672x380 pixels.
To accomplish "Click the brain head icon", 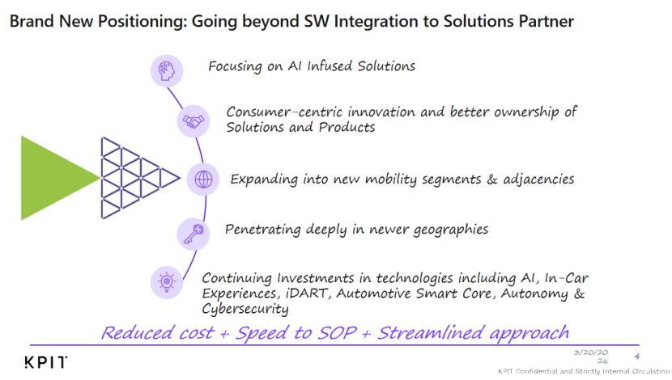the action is [166, 70].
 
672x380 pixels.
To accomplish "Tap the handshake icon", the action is [194, 121].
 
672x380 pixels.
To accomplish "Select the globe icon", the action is [203, 179].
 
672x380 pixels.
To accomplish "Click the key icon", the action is [194, 234].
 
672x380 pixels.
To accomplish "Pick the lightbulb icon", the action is [167, 282].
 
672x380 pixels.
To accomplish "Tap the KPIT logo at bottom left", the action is [46, 362].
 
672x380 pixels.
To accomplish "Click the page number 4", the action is [637, 356].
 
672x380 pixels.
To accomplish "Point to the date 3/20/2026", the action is [591, 357].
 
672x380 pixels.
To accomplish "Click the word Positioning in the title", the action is [142, 21].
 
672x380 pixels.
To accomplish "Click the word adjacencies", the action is [538, 179].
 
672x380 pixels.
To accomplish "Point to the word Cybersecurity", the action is [245, 309].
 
